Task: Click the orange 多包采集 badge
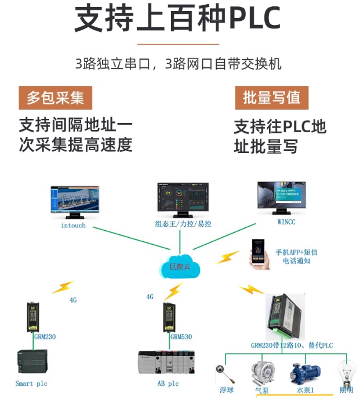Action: click(55, 97)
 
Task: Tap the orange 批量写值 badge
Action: click(271, 97)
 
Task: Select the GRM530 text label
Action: click(180, 336)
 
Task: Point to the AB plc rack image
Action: click(166, 364)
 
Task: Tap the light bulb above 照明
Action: click(346, 372)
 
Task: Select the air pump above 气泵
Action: click(262, 372)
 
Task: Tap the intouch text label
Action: click(73, 226)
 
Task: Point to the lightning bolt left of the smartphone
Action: click(227, 257)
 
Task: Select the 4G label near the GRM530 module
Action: click(150, 297)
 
